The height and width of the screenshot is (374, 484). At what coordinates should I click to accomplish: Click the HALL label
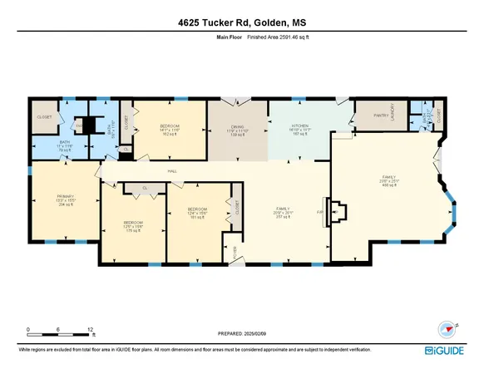tap(172, 171)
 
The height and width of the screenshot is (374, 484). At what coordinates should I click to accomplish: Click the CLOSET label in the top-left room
tap(44, 117)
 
